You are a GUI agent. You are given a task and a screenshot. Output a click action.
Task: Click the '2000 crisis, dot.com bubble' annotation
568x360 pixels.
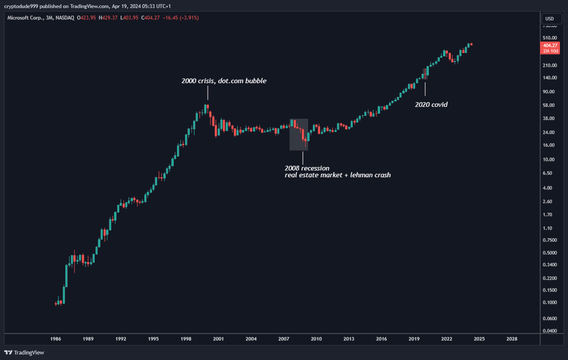(x=224, y=81)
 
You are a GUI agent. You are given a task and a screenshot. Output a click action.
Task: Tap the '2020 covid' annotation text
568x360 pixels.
(x=431, y=105)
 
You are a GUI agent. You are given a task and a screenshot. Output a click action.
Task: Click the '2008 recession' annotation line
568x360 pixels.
(x=307, y=168)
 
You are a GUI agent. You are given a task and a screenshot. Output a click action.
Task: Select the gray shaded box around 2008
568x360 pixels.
(x=299, y=135)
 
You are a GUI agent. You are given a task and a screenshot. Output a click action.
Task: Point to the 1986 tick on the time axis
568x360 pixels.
(x=55, y=339)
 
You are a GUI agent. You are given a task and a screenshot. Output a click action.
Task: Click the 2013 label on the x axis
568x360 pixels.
(x=349, y=339)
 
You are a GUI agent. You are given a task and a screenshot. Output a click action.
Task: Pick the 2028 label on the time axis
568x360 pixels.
(x=512, y=339)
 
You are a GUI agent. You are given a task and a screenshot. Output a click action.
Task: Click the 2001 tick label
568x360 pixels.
(x=218, y=339)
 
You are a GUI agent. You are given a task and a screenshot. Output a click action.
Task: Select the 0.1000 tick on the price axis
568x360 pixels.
(x=550, y=303)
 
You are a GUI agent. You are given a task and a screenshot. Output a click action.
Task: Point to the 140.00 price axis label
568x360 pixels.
(x=550, y=78)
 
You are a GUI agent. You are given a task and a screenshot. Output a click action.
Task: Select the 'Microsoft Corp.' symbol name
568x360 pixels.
(x=25, y=18)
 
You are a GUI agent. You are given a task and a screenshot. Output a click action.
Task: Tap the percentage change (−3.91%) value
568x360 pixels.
(x=189, y=18)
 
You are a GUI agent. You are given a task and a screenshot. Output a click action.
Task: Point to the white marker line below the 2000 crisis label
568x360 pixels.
(x=207, y=93)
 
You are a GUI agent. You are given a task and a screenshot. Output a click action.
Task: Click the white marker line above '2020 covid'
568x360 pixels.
(x=425, y=89)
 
